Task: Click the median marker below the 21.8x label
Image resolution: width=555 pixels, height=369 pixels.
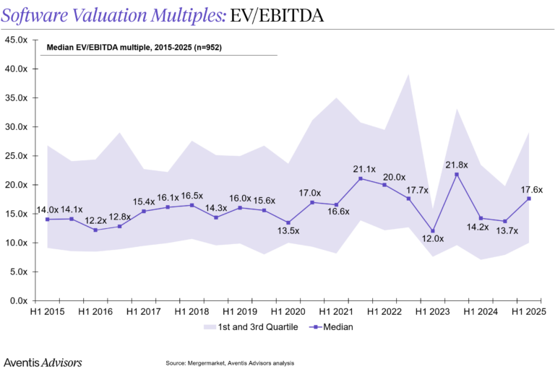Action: [457, 174]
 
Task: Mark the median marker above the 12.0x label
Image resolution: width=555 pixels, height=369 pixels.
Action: [432, 231]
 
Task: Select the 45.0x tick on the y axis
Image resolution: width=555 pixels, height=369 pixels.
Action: [16, 40]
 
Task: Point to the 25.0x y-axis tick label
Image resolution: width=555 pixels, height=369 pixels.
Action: [16, 156]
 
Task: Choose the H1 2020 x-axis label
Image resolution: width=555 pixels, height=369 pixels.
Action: [288, 311]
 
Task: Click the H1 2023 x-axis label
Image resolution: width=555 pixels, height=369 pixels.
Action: [432, 311]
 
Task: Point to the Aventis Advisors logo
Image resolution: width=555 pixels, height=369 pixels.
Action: [43, 361]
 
